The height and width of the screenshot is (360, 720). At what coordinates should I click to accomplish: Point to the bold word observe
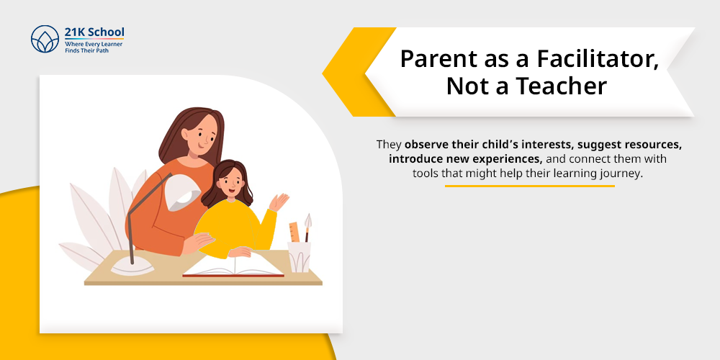click(x=429, y=145)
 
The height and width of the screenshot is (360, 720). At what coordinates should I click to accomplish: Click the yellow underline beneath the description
click(x=529, y=186)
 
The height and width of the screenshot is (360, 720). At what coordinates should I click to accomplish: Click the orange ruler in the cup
click(x=294, y=233)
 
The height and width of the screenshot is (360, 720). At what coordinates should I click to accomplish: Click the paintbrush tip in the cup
click(x=308, y=220)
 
